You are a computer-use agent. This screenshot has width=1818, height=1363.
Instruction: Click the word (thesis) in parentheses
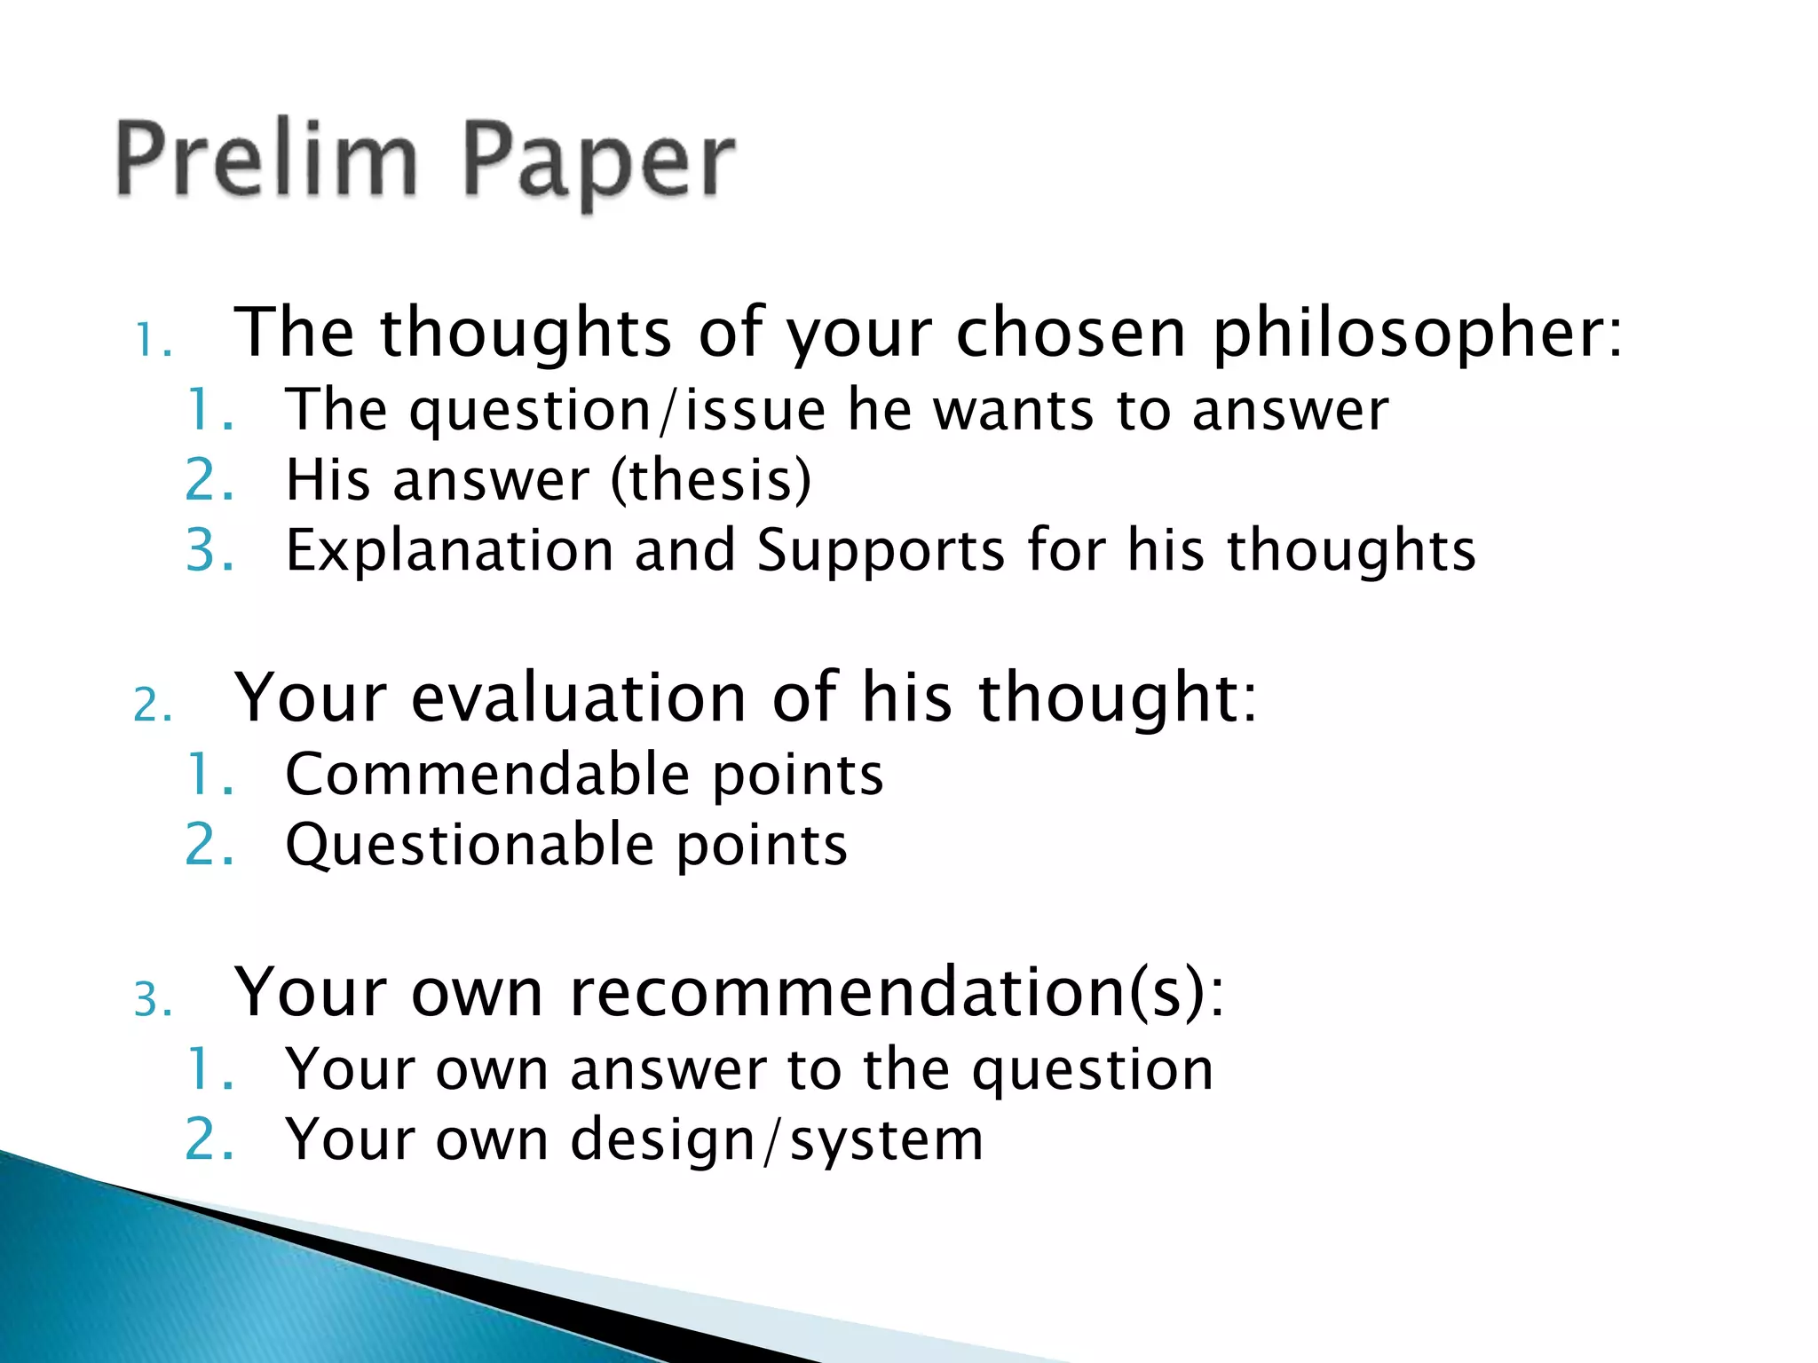pos(711,480)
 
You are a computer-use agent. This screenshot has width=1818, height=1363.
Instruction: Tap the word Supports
pos(881,552)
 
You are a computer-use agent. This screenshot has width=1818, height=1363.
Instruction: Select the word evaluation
pos(579,698)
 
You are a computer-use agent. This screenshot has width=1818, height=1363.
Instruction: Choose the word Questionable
pos(470,846)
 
